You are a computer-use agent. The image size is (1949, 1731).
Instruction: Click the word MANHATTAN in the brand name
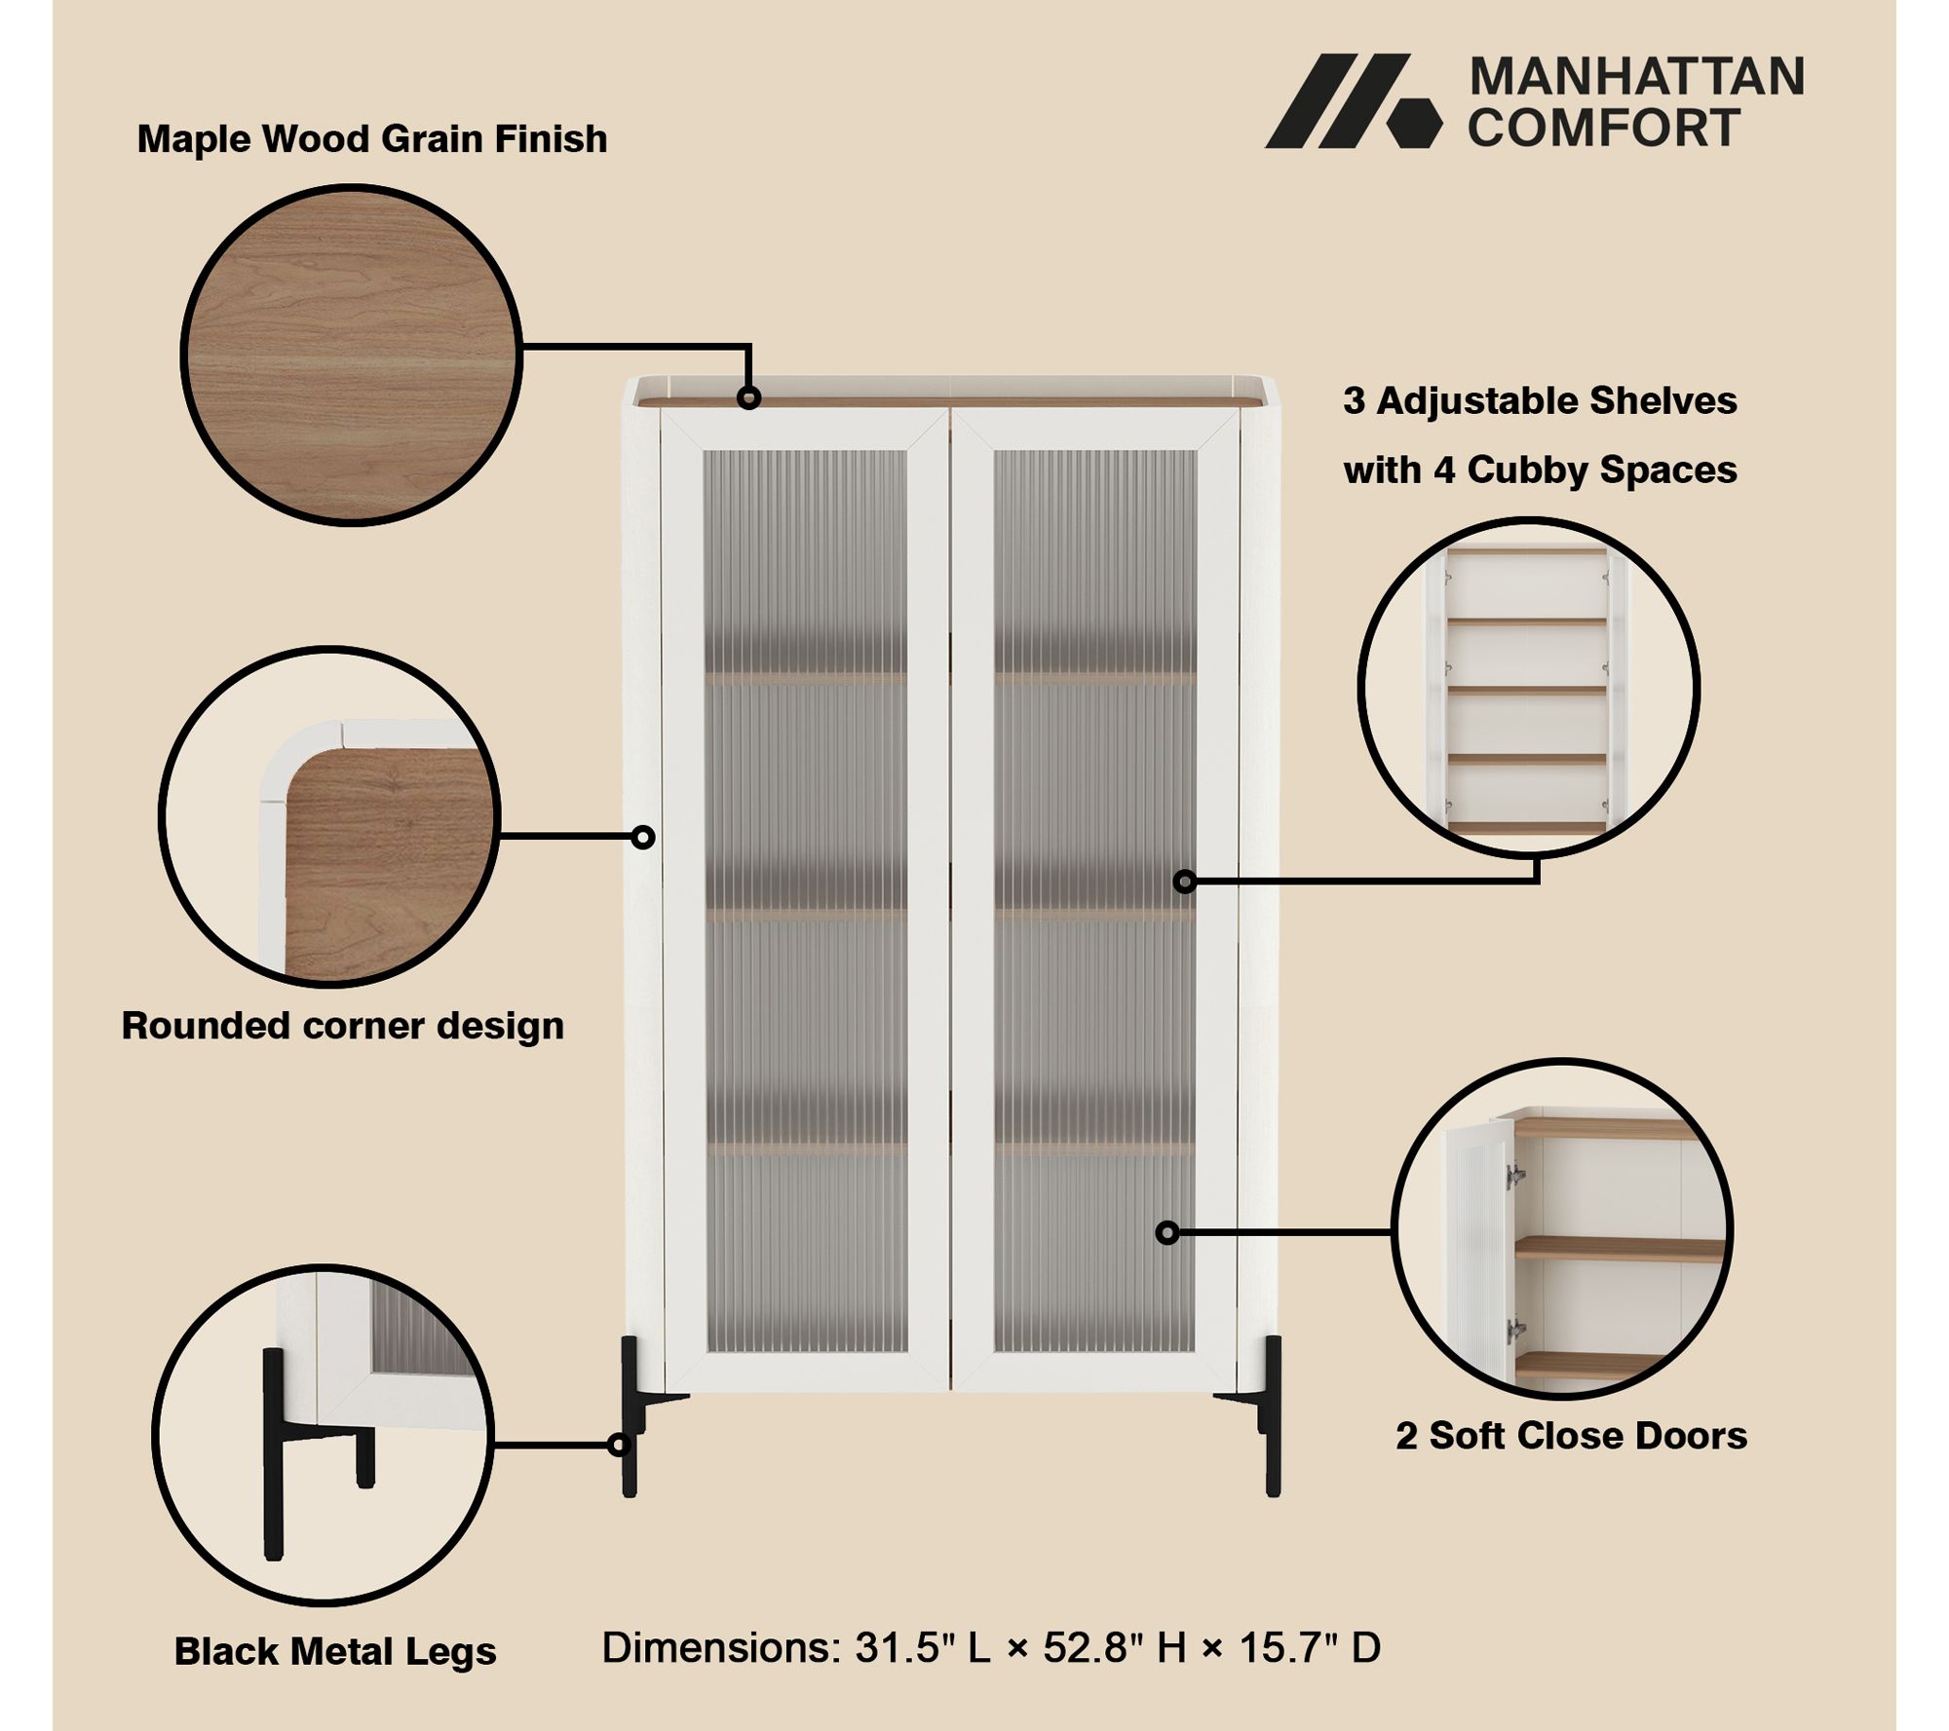[x=1636, y=77]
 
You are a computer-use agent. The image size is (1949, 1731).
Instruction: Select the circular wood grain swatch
[x=352, y=356]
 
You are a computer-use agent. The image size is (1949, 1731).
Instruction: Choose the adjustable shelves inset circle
[x=1528, y=689]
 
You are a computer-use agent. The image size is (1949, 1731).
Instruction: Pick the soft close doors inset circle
[x=1562, y=1229]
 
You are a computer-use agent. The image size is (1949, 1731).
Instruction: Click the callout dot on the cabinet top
[x=748, y=397]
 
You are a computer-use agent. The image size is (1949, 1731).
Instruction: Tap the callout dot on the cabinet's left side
[x=643, y=837]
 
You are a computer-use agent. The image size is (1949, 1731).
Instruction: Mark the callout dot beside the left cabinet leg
[x=619, y=1445]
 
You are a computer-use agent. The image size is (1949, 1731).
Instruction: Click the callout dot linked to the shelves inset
[x=1185, y=882]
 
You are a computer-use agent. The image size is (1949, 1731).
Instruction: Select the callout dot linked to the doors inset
[x=1167, y=1233]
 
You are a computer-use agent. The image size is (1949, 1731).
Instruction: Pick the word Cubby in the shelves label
[x=1527, y=470]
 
